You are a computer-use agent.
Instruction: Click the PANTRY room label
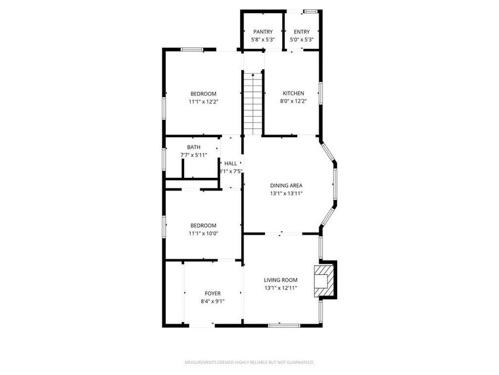pyautogui.click(x=263, y=32)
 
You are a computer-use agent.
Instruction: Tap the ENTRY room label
pyautogui.click(x=302, y=32)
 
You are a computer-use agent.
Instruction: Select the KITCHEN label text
pyautogui.click(x=293, y=93)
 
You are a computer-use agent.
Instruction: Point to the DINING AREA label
pyautogui.click(x=286, y=186)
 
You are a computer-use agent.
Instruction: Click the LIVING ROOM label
pyautogui.click(x=281, y=280)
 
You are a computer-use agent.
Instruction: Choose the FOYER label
pyautogui.click(x=212, y=293)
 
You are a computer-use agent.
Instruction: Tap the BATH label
pyautogui.click(x=194, y=147)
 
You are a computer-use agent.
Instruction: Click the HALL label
pyautogui.click(x=231, y=164)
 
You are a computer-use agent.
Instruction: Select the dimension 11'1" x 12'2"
pyautogui.click(x=203, y=102)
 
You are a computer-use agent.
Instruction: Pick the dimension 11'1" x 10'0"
pyautogui.click(x=203, y=233)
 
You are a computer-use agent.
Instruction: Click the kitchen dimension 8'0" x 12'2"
pyautogui.click(x=293, y=101)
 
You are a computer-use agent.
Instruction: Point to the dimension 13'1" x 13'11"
pyautogui.click(x=286, y=193)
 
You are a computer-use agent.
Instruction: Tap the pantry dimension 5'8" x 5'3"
pyautogui.click(x=263, y=40)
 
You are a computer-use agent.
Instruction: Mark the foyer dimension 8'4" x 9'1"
pyautogui.click(x=212, y=301)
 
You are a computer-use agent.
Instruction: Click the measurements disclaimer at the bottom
pyautogui.click(x=249, y=362)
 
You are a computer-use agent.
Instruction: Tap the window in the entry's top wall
pyautogui.click(x=311, y=11)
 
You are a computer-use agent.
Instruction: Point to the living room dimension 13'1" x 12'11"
pyautogui.click(x=281, y=288)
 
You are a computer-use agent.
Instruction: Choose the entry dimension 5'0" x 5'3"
pyautogui.click(x=302, y=40)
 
